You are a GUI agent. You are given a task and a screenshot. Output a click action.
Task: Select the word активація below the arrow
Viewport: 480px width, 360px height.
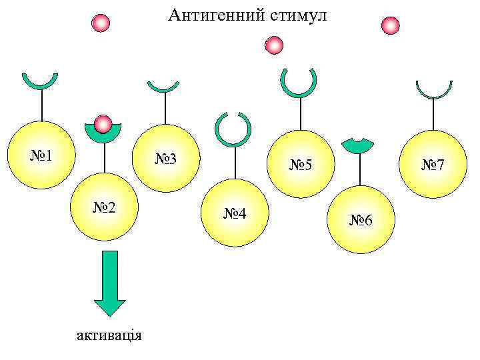pyautogui.click(x=109, y=334)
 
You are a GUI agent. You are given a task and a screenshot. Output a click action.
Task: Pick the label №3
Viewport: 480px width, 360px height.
pyautogui.click(x=166, y=159)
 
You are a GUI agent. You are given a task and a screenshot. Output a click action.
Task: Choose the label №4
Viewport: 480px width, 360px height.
pyautogui.click(x=235, y=213)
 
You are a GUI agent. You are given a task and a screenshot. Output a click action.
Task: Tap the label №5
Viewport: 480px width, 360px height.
pyautogui.click(x=301, y=164)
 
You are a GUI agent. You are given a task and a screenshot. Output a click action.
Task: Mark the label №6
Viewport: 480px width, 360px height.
pyautogui.click(x=361, y=220)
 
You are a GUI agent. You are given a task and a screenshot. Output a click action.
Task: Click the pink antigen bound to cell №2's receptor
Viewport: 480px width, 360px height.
pyautogui.click(x=103, y=124)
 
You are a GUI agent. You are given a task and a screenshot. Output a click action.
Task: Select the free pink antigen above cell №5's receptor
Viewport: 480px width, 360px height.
pyautogui.click(x=273, y=45)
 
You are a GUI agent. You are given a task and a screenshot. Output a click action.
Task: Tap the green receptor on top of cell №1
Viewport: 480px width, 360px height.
pyautogui.click(x=40, y=81)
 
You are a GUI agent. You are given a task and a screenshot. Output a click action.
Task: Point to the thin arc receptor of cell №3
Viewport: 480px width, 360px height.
pyautogui.click(x=163, y=87)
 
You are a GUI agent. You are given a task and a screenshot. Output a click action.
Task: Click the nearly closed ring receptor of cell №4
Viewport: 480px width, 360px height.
pyautogui.click(x=233, y=129)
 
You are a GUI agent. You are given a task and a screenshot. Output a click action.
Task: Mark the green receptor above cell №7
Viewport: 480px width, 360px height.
pyautogui.click(x=434, y=89)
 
